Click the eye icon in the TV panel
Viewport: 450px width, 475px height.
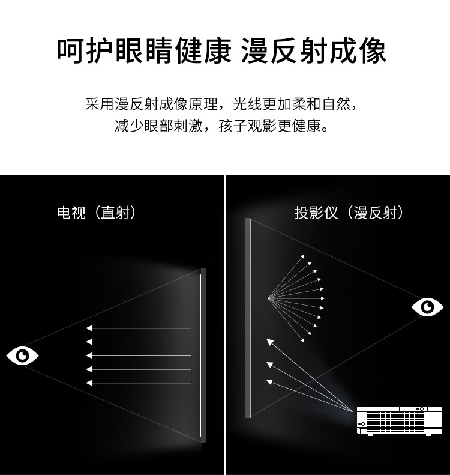pos(22,355)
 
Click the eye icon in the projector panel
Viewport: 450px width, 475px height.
pos(427,307)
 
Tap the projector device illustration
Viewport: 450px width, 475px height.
pos(399,421)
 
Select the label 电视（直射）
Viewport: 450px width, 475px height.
pos(97,213)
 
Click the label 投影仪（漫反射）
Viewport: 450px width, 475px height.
pos(349,213)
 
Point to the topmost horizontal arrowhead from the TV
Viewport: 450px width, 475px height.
pos(89,328)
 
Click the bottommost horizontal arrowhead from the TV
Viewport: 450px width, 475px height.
pos(89,383)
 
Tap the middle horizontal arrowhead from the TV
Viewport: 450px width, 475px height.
pos(89,355)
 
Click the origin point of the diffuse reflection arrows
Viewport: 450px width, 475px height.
pos(268,298)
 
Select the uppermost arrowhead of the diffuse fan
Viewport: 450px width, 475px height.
pos(302,256)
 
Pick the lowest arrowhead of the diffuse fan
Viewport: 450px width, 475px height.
pos(302,340)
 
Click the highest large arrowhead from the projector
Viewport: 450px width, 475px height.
pos(269,342)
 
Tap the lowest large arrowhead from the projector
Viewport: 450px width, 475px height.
pos(269,383)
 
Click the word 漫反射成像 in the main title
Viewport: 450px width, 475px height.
pos(313,51)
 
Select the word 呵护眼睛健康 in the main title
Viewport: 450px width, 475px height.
pos(145,51)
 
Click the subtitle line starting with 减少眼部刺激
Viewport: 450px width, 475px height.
pos(222,126)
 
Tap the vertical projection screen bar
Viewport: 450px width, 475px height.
pos(248,318)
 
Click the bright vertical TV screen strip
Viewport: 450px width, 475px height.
pos(200,355)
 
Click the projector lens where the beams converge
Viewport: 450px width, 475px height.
pos(353,411)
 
